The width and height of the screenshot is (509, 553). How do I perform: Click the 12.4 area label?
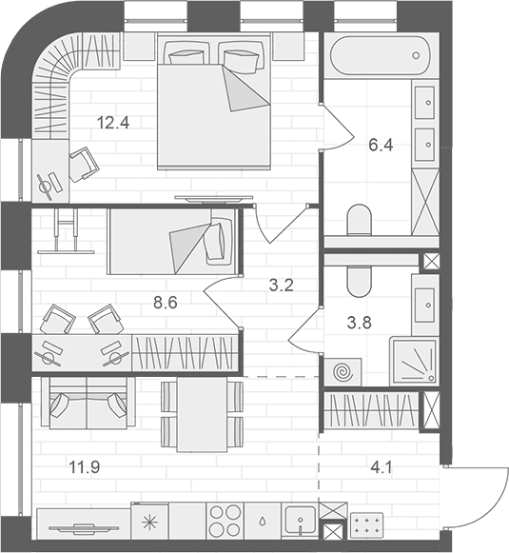(x=113, y=123)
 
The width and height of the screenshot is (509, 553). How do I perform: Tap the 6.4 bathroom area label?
(x=381, y=145)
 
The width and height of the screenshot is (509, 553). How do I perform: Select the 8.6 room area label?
(x=166, y=303)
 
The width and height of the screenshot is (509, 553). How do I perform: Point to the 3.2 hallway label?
(x=282, y=286)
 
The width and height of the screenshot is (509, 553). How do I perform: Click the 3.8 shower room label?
(x=360, y=323)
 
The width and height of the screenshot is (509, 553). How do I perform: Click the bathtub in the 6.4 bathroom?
(x=381, y=55)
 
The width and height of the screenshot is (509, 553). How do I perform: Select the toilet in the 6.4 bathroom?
(x=360, y=221)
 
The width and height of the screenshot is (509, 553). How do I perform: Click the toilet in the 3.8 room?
(x=360, y=282)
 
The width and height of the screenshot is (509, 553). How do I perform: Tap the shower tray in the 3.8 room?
(x=414, y=361)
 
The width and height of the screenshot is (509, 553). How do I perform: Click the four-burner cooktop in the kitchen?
(x=225, y=521)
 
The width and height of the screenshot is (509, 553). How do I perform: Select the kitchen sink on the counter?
(x=301, y=521)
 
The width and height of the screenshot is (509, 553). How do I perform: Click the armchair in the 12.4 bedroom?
(x=84, y=164)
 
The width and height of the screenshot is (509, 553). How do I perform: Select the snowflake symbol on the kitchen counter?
(x=149, y=522)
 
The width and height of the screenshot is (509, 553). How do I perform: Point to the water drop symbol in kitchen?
(x=263, y=522)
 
